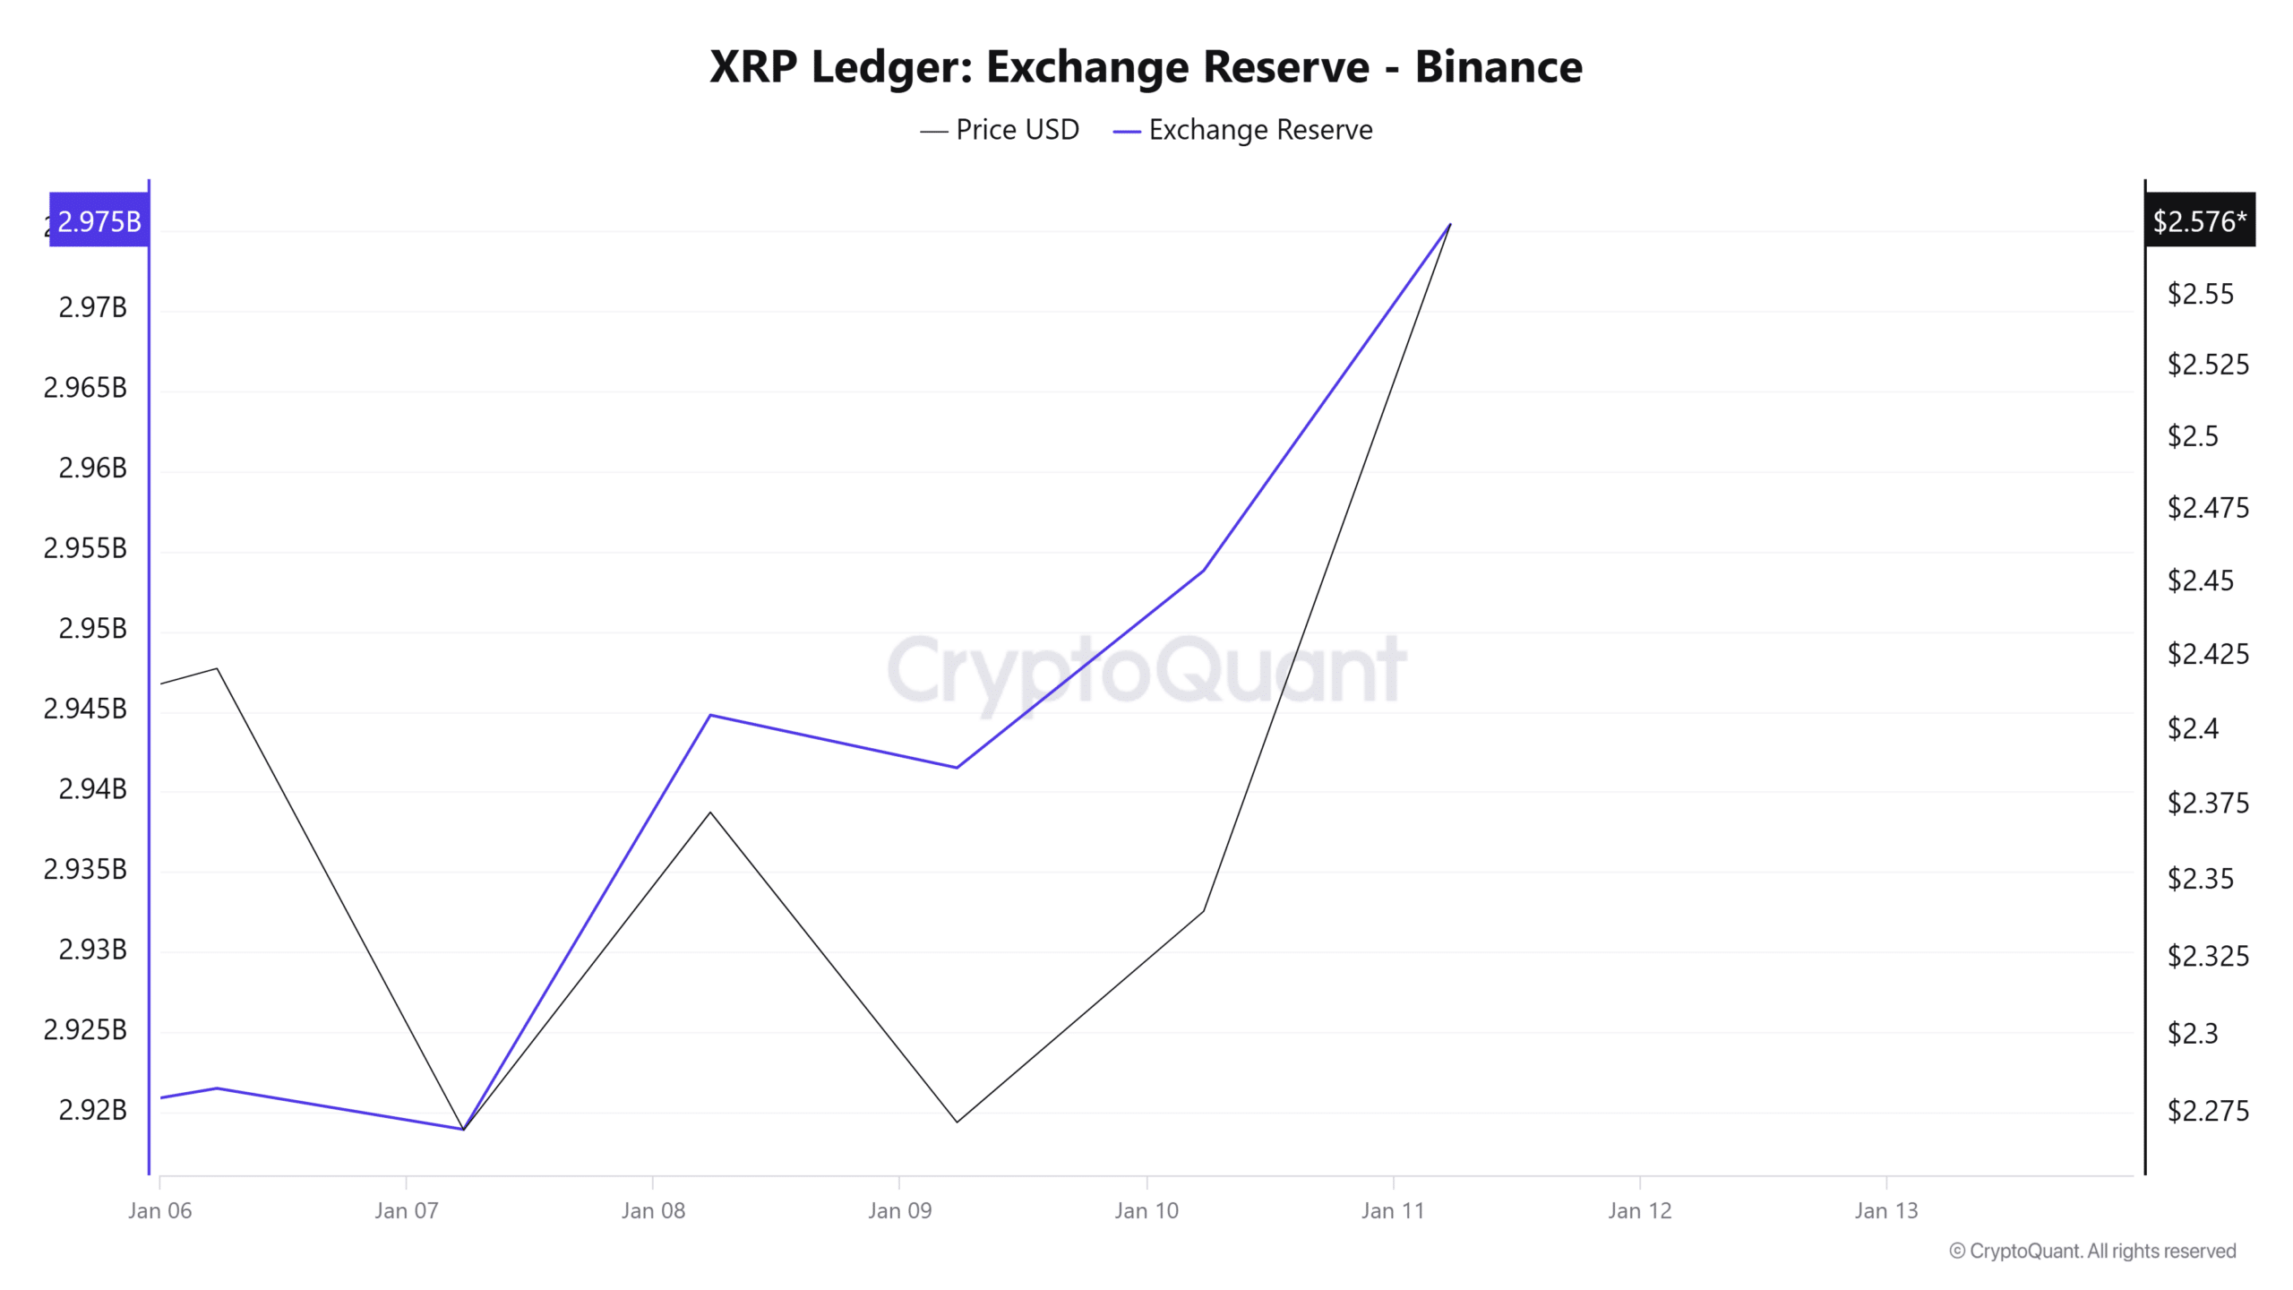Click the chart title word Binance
tap(1498, 67)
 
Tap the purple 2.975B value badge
tap(99, 220)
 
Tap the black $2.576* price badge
tap(2199, 220)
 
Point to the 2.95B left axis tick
tap(92, 629)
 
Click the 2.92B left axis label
tap(92, 1110)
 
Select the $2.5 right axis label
tap(2192, 436)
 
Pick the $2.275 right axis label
tap(2207, 1111)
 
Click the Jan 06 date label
tap(159, 1211)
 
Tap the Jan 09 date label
tap(899, 1211)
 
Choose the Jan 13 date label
tap(1885, 1211)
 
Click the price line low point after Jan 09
tap(957, 1122)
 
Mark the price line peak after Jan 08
tap(710, 813)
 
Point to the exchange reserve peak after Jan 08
tap(710, 715)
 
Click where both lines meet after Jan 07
tap(463, 1129)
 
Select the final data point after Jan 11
tap(1450, 224)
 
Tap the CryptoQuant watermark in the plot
tap(1146, 669)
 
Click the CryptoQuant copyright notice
tap(2092, 1251)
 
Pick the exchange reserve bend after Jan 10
tap(1204, 570)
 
